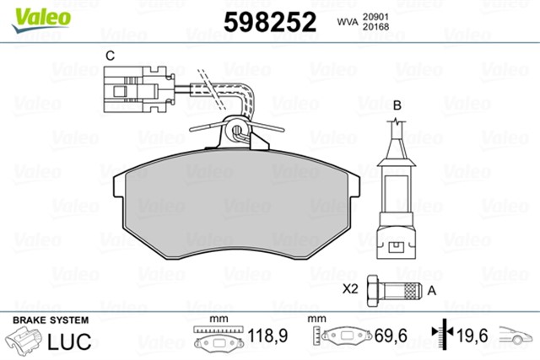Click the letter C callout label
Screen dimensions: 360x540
pyautogui.click(x=109, y=56)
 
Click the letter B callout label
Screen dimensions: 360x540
pyautogui.click(x=396, y=105)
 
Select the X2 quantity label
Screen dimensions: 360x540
pyautogui.click(x=351, y=289)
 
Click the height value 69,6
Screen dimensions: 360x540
pyautogui.click(x=391, y=336)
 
